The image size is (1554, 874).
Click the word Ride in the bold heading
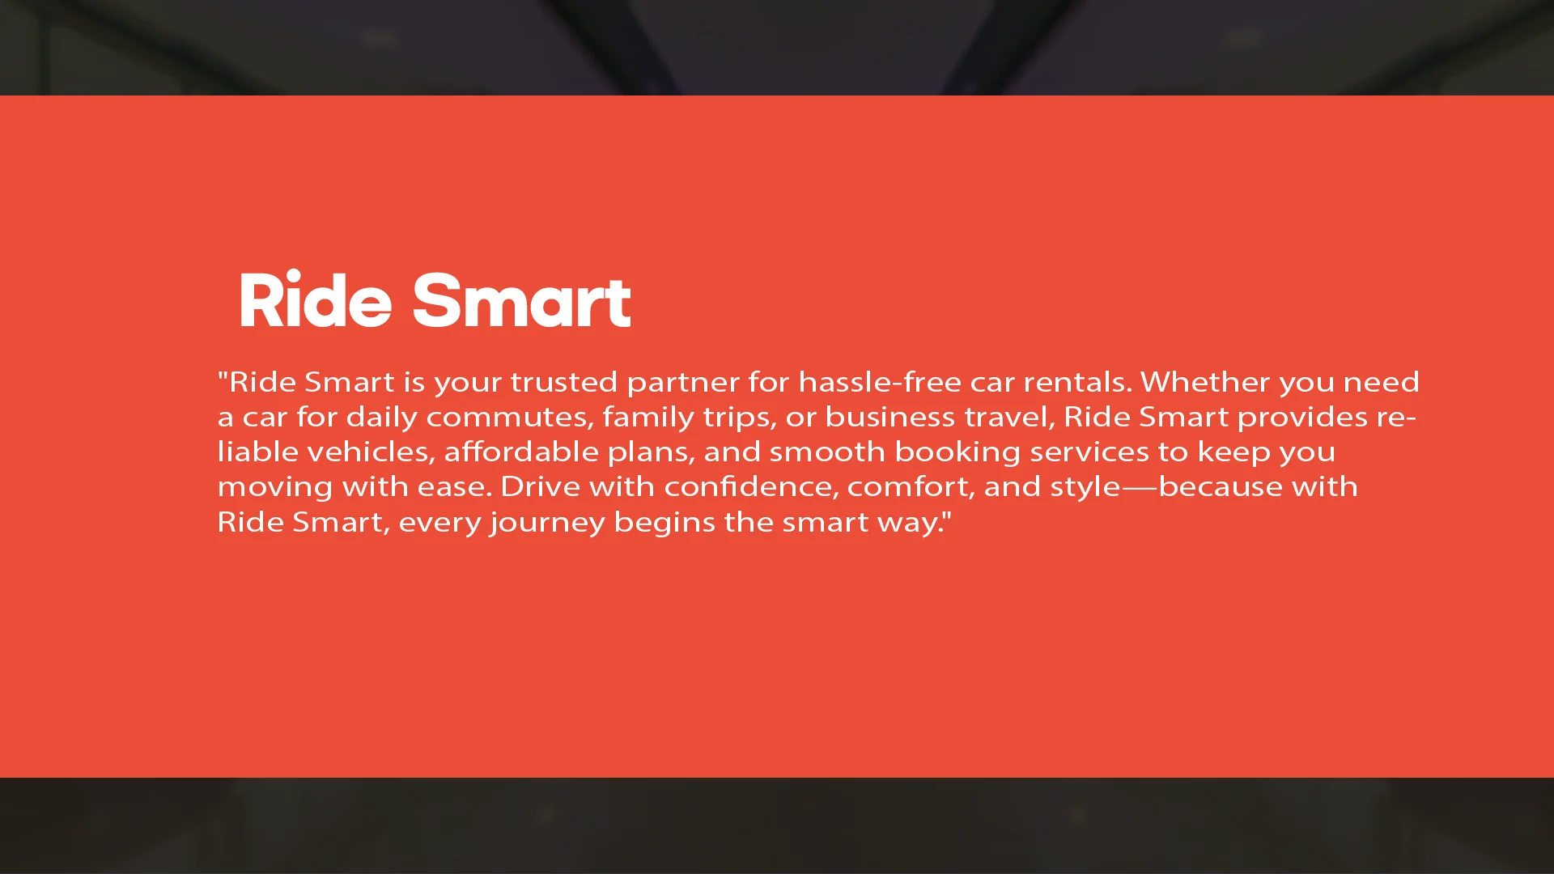(316, 301)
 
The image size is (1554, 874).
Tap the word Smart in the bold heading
(521, 301)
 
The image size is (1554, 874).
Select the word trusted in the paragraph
(563, 382)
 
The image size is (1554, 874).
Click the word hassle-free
(880, 382)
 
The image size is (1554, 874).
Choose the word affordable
(521, 452)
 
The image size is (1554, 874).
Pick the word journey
(547, 524)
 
